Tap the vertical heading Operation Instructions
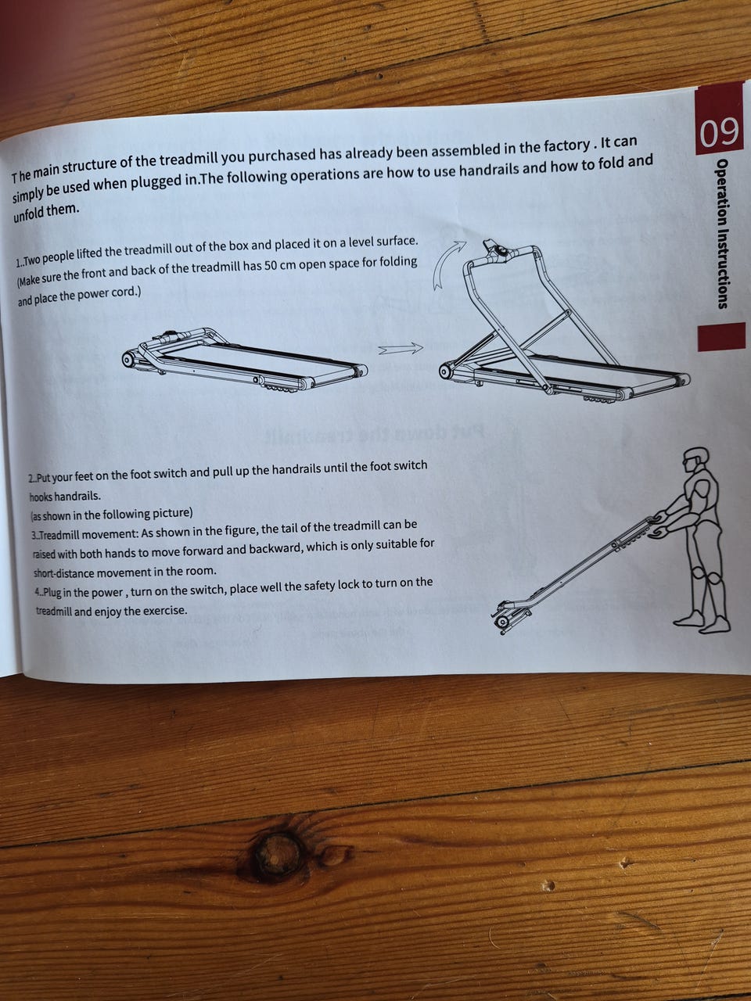(x=722, y=234)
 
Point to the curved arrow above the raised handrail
(x=449, y=264)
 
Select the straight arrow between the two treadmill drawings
(x=400, y=349)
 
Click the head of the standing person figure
(x=696, y=461)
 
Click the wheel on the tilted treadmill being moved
(x=502, y=622)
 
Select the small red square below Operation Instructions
(x=721, y=336)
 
